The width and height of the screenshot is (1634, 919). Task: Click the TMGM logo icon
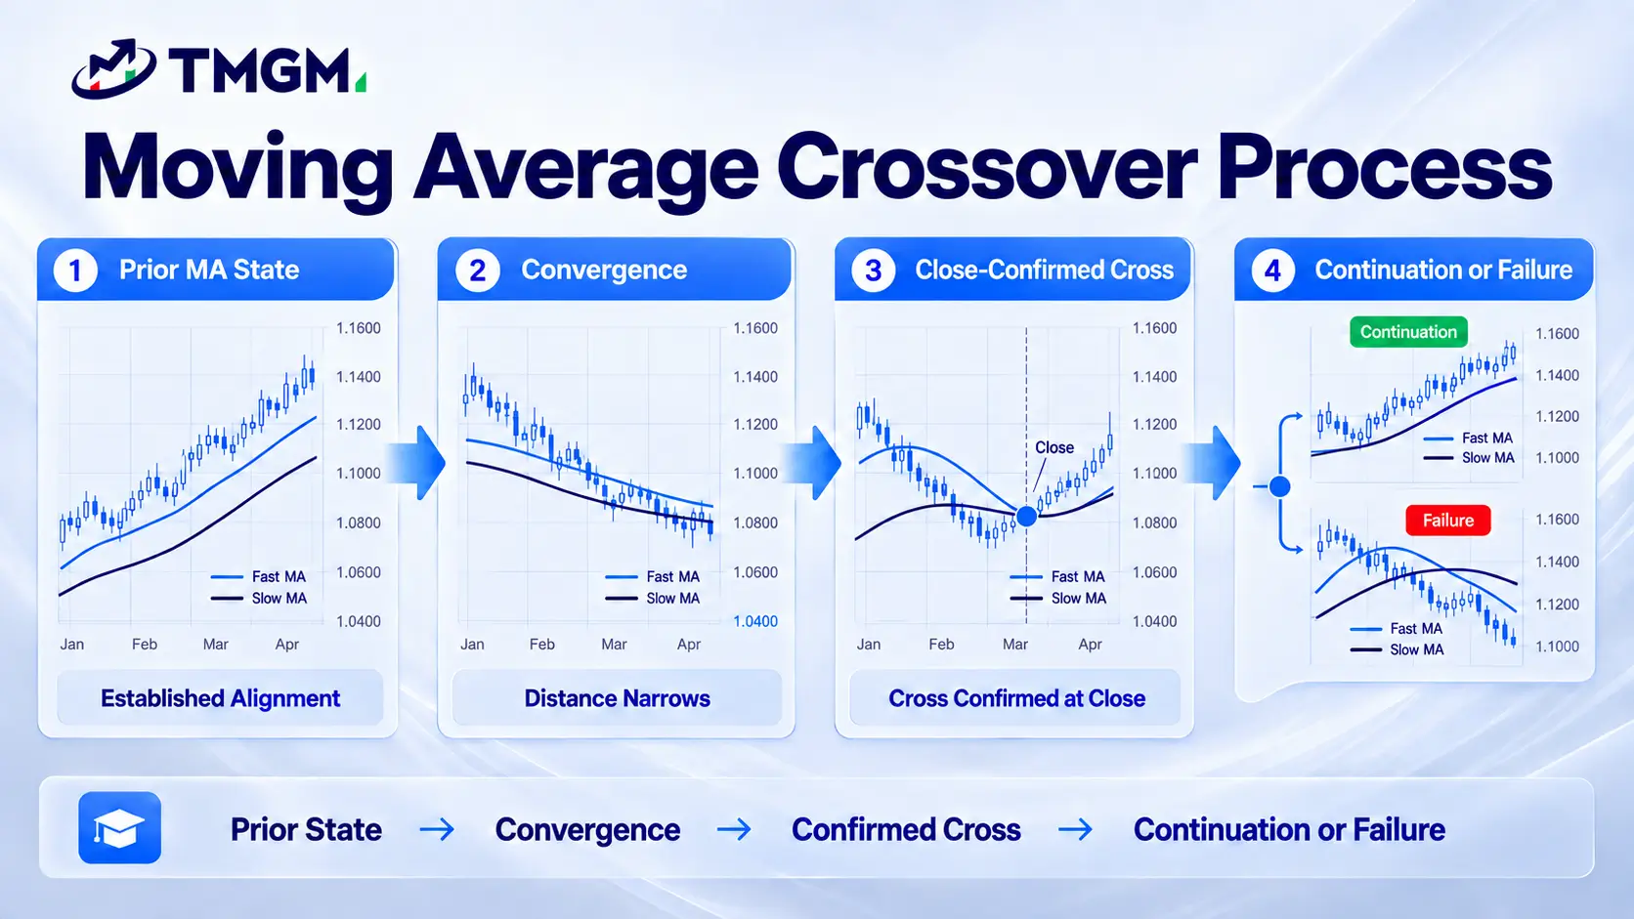point(113,68)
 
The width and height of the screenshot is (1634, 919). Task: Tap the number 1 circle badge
point(75,271)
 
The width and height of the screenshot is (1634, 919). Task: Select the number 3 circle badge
point(873,271)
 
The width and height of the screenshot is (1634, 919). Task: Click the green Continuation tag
point(1408,332)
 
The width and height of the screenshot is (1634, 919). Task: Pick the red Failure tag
point(1448,521)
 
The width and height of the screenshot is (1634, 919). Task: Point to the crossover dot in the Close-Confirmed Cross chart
point(1026,516)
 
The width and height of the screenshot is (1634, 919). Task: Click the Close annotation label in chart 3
point(1054,447)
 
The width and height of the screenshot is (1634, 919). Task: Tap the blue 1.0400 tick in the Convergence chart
point(755,622)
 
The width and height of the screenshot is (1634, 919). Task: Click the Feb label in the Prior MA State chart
point(145,645)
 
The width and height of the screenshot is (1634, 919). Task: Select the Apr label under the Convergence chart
point(689,645)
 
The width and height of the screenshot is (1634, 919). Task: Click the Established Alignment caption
point(220,698)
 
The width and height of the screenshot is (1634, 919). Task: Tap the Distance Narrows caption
point(617,698)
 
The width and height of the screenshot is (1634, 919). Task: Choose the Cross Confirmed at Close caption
point(1017,698)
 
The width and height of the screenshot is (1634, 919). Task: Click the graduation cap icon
point(119,828)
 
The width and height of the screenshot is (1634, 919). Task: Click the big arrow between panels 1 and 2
point(415,463)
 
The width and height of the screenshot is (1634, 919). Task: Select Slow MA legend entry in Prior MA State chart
point(259,599)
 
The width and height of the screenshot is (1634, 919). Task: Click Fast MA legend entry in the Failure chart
point(1397,628)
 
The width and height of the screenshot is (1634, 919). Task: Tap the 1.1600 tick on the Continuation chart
point(1558,334)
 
